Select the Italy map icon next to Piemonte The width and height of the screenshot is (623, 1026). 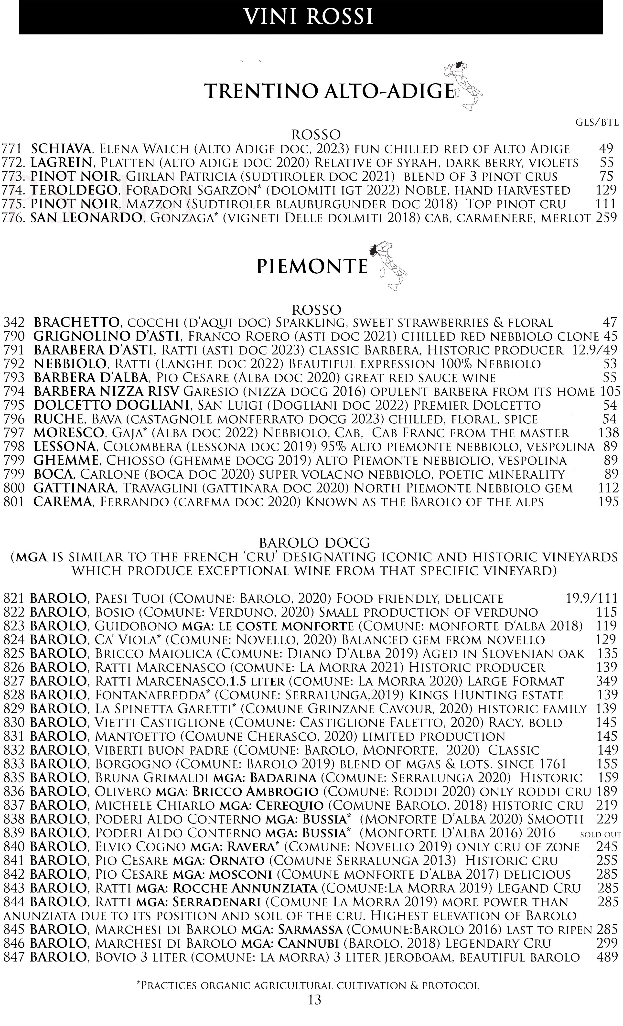point(388,265)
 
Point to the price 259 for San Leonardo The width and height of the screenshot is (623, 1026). point(606,218)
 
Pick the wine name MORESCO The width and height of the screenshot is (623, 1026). point(68,433)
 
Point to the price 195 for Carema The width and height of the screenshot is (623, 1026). point(608,502)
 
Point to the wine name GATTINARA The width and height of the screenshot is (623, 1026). point(74,488)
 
